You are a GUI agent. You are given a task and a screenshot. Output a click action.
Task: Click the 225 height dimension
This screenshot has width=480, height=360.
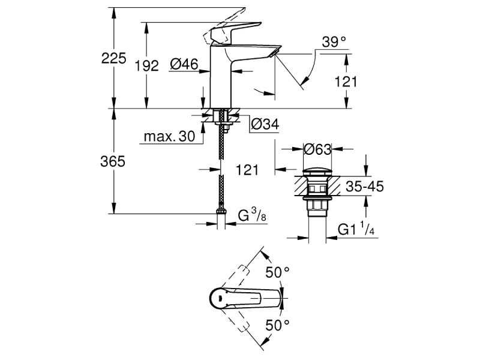pyautogui.click(x=113, y=58)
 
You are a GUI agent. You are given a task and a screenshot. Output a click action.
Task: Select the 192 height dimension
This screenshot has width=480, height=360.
pyautogui.click(x=146, y=66)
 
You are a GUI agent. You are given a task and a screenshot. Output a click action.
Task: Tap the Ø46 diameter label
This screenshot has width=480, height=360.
pyautogui.click(x=184, y=64)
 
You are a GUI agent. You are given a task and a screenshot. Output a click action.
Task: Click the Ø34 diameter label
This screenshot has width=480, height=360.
pyautogui.click(x=265, y=124)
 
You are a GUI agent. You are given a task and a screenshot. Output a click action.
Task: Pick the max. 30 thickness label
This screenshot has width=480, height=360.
pyautogui.click(x=169, y=136)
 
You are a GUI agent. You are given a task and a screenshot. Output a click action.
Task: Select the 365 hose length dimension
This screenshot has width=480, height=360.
pyautogui.click(x=113, y=161)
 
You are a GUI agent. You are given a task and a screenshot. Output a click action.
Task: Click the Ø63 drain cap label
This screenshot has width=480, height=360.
pyautogui.click(x=317, y=149)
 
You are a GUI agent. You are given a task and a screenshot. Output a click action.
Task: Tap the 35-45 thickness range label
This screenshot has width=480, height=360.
pyautogui.click(x=365, y=186)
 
